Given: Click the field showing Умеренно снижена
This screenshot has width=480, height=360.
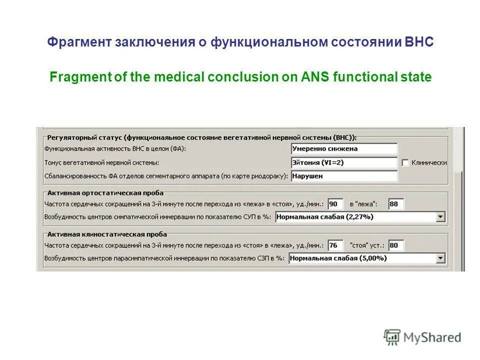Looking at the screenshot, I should pos(344,148).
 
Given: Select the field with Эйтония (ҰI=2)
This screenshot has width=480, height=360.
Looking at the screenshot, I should pos(344,162).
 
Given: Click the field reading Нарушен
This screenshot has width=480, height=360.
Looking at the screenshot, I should pos(344,176).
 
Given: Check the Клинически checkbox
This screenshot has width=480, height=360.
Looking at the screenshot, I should pos(405,162).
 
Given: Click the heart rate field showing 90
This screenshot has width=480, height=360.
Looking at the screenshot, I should pos(335,204).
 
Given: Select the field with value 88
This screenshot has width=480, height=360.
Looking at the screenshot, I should pos(396,204).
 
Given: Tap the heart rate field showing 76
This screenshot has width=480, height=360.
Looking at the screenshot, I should pos(335,245).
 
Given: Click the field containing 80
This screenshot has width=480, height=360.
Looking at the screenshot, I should pos(396,245).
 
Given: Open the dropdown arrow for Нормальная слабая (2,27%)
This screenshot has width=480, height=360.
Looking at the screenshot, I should pos(440,217).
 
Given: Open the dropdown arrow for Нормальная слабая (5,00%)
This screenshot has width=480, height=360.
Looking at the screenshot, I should pos(440,258).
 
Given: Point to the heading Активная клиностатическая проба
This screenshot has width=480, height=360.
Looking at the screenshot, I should pos(107,234).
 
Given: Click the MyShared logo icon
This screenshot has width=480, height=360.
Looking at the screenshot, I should pos(392,337).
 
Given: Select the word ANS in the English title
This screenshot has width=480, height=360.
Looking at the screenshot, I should pos(314,77).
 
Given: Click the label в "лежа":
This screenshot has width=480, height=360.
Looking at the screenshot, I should pos(363,204).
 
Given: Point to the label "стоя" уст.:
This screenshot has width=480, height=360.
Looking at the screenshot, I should pos(367,245).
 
